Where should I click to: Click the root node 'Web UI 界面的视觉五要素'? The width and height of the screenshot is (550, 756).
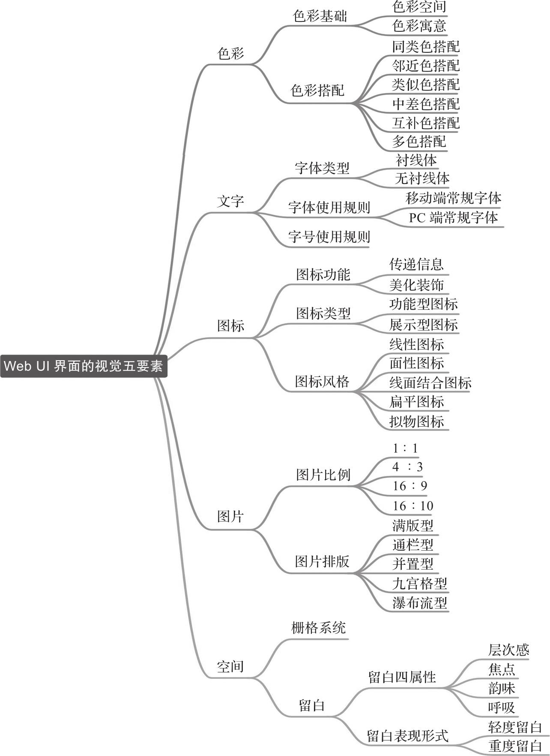point(83,366)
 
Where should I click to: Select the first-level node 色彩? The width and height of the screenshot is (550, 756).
point(230,54)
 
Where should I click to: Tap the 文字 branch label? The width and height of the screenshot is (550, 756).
point(230,201)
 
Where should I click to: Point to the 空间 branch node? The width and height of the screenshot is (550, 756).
point(230,666)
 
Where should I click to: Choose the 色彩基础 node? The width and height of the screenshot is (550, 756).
point(320,16)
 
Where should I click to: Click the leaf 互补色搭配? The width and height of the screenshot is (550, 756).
point(426,123)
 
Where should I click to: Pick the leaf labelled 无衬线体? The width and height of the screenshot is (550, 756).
point(422,178)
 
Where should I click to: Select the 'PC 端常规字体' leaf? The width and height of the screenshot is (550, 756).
point(453,217)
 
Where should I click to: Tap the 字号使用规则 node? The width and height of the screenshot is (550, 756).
point(329,236)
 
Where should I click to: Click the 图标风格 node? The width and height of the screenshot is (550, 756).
point(322,381)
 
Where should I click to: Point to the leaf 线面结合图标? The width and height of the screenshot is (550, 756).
point(430,382)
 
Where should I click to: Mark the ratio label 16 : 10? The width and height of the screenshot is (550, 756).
point(413,506)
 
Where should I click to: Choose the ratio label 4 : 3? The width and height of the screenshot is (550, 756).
point(407,467)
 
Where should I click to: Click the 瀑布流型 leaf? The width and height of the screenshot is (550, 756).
point(420,602)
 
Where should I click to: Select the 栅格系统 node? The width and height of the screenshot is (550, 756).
point(318,628)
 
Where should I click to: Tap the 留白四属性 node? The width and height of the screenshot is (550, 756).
point(402,677)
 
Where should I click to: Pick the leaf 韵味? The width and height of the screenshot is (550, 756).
point(502,688)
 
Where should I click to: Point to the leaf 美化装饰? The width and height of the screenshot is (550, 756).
point(416,284)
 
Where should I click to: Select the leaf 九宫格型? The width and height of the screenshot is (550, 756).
point(420,583)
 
